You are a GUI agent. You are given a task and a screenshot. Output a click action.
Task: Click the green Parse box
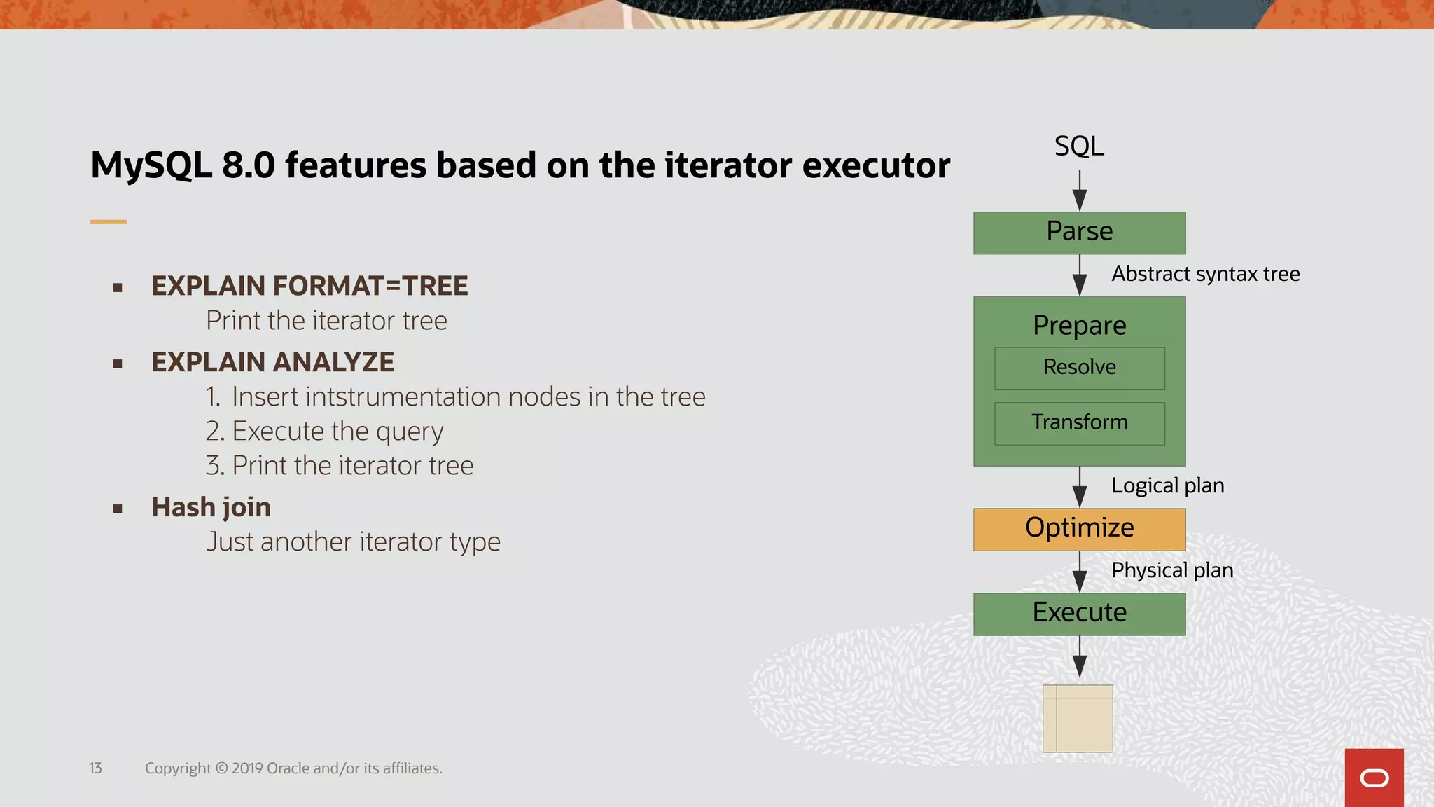1079,233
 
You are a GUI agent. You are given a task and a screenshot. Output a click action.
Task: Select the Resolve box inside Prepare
1079,368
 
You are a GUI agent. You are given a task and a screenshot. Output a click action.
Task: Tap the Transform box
1079,423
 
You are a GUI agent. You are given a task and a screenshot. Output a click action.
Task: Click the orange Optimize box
1079,529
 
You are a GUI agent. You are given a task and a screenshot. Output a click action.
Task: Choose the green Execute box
1079,614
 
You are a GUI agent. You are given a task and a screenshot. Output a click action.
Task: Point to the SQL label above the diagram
1079,146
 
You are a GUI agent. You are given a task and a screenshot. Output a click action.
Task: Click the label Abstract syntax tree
1205,274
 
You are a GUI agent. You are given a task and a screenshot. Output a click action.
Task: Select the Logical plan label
1167,485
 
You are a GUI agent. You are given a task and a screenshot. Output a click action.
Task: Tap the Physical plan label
1171,570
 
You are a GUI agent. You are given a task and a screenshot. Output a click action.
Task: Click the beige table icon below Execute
1078,719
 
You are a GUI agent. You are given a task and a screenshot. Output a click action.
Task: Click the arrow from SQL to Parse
1080,191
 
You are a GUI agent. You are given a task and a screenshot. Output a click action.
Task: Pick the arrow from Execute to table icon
1080,657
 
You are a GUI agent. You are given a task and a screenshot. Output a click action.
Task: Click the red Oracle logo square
1374,778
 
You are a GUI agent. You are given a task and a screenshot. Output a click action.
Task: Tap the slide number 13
95,768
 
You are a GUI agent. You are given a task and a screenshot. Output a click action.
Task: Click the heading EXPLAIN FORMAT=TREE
309,286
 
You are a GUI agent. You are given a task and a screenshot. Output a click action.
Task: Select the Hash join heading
211,507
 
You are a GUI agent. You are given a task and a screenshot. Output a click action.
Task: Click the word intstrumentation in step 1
403,397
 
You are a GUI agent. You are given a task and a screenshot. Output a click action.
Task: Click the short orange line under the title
109,222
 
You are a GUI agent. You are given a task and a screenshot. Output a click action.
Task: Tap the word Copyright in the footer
178,768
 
